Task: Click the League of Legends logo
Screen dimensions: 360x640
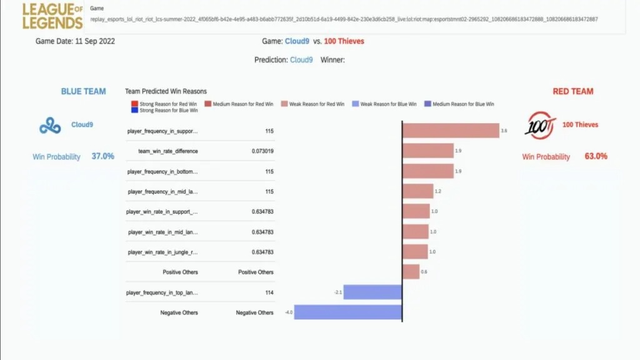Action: [52, 16]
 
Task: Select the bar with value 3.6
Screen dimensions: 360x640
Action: [450, 131]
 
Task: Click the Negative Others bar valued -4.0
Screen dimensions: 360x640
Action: [347, 312]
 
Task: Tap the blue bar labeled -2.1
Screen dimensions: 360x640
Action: [372, 292]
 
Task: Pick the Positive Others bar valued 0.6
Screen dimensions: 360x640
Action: [411, 272]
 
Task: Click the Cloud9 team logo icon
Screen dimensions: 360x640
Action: [50, 126]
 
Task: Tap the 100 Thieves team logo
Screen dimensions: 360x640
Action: [539, 125]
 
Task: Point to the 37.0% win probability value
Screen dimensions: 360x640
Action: [102, 156]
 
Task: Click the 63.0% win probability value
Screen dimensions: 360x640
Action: [596, 156]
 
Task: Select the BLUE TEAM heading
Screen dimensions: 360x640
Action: [83, 91]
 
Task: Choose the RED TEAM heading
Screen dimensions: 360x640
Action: [572, 91]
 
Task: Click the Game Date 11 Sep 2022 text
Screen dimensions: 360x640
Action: [75, 41]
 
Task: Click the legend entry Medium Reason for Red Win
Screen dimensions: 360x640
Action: [240, 104]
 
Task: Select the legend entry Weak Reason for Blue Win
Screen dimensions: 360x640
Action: [384, 104]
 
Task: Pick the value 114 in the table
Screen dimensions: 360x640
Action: [268, 292]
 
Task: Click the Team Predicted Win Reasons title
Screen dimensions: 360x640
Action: [166, 91]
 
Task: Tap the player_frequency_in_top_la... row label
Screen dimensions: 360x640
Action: [162, 292]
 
